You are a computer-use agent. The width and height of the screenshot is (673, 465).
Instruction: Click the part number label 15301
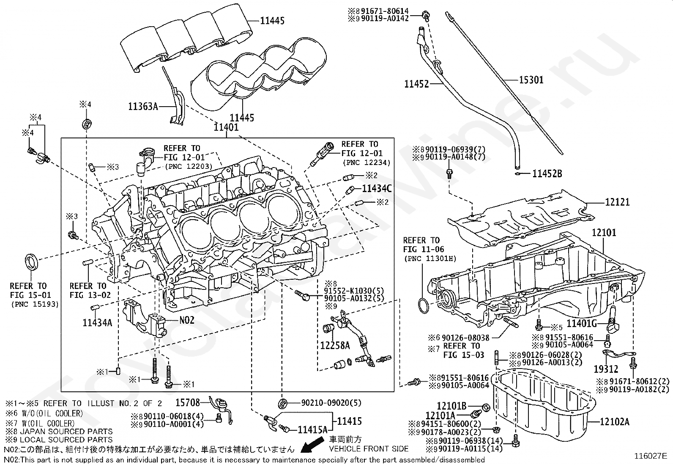(531, 80)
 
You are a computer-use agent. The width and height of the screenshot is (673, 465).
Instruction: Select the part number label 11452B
(547, 173)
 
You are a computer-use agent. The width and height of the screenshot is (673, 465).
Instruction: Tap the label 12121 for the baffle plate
(617, 203)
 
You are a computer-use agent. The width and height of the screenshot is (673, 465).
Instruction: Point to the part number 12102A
(614, 421)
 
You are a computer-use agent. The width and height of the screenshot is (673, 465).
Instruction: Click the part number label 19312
(605, 369)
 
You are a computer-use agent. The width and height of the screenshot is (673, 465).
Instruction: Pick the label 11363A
(143, 107)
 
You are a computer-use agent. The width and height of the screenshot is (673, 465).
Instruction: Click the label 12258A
(335, 346)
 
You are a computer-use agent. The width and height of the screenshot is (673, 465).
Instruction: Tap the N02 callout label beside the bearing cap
(187, 320)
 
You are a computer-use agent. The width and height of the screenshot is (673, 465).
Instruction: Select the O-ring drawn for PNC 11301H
(422, 305)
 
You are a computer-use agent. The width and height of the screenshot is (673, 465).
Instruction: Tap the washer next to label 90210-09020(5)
(283, 402)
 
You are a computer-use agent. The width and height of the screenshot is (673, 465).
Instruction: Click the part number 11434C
(377, 189)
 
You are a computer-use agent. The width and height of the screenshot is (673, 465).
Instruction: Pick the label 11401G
(582, 324)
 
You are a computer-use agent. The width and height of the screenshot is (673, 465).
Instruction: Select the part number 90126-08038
(465, 338)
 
